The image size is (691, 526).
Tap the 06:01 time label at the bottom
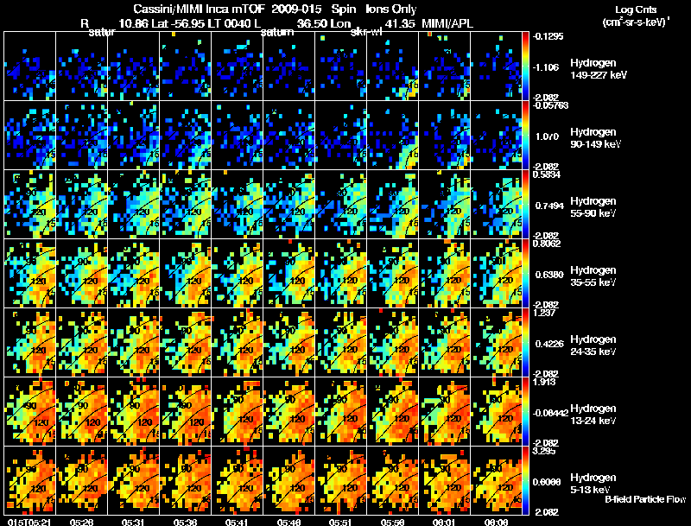(443, 522)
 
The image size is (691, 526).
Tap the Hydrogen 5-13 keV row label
(595, 483)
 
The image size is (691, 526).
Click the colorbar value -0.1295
(549, 36)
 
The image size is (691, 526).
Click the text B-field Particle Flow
(645, 499)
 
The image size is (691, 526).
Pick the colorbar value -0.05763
(549, 105)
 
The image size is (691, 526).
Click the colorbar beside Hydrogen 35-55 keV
(527, 274)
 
